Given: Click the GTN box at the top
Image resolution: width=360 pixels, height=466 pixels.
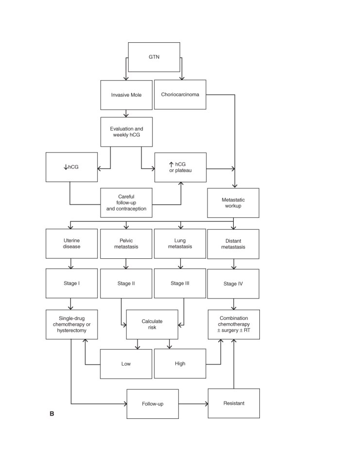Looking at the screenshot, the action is tap(154, 57).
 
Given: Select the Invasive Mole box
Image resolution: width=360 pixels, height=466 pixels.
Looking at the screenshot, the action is tap(126, 95).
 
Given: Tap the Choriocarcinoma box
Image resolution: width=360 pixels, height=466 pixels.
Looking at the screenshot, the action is tap(180, 95).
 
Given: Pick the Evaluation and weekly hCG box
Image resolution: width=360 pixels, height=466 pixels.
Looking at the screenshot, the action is tap(126, 132).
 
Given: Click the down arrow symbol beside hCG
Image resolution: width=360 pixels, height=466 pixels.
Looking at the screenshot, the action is tap(66, 167).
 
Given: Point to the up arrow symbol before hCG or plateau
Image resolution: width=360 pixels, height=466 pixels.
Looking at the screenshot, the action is tap(171, 165).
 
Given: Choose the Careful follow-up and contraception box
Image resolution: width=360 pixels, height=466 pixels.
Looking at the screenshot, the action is tap(126, 203).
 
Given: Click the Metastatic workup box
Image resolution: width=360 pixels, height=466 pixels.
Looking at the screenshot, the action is tap(233, 203).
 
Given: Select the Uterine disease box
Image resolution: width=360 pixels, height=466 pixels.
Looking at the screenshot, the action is tap(71, 243).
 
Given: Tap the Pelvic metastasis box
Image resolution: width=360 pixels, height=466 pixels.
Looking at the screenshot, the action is tap(126, 244).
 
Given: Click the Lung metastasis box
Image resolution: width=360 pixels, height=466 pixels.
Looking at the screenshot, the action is tap(180, 243).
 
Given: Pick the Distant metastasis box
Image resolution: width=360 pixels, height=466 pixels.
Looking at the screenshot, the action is tap(233, 244).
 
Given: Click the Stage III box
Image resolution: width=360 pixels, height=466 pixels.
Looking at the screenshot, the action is tap(180, 283).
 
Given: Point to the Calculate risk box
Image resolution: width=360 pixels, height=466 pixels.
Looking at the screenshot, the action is tap(152, 324).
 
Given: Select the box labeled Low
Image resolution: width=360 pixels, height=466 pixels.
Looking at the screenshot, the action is tap(126, 364).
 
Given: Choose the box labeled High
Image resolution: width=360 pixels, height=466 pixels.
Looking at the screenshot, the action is tap(180, 364).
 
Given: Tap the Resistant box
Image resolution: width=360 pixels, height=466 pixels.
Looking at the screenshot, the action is tap(234, 403).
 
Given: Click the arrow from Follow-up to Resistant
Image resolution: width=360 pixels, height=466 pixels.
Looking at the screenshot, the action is tap(193, 404).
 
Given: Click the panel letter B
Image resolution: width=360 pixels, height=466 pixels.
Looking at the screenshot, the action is tap(52, 414).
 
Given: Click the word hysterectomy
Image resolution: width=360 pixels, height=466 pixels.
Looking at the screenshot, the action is tap(72, 331).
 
